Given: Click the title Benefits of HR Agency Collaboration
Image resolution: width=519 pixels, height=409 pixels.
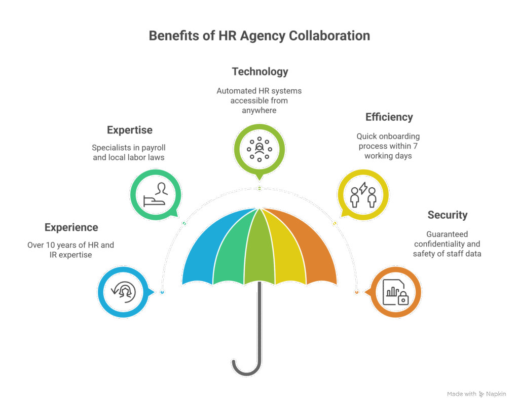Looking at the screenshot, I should (x=259, y=36).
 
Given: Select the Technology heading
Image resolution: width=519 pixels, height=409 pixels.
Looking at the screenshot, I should (x=259, y=72).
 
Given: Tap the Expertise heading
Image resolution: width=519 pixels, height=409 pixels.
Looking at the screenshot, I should (x=130, y=130).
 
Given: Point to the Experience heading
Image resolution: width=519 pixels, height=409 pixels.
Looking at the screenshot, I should (x=71, y=227).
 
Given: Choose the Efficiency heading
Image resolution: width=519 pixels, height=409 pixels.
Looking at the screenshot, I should (x=389, y=117).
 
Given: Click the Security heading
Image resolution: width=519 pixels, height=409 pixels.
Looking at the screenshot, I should (x=447, y=215).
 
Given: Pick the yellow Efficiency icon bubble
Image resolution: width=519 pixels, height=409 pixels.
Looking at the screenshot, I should (x=363, y=194).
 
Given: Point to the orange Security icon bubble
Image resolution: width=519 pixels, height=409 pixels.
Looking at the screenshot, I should (x=396, y=293).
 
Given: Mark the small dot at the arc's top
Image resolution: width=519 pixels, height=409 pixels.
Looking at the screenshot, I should (x=259, y=188).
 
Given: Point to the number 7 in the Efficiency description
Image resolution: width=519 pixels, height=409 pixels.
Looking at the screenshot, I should (x=417, y=146).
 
